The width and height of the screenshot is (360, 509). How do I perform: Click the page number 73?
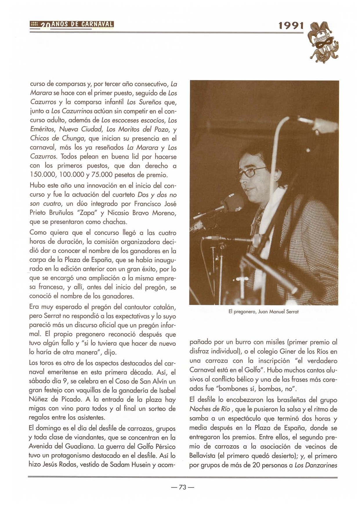182,487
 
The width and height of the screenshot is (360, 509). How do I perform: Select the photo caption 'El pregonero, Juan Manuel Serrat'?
263,312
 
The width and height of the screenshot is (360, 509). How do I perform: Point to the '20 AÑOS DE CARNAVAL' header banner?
71,24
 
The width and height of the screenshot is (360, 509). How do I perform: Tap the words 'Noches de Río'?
209,409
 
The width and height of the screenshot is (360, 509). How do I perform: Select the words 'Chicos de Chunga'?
57,138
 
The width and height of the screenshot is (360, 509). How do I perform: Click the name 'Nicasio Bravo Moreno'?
142,213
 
